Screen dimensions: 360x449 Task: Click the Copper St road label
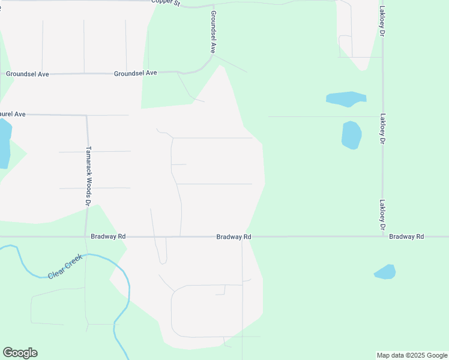coord(166,3)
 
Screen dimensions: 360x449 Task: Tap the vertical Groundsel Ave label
coord(213,32)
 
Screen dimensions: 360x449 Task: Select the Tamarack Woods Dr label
coord(88,177)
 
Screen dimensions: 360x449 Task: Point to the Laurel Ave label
coord(12,114)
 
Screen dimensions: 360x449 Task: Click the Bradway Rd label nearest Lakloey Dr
coord(406,236)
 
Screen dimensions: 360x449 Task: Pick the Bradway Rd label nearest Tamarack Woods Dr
coord(108,236)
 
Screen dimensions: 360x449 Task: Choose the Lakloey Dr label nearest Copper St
coord(382,22)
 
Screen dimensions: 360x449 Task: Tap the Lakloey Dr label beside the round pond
coord(382,129)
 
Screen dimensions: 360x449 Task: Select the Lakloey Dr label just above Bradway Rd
coord(382,215)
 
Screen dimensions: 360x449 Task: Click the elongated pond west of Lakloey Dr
coord(346,98)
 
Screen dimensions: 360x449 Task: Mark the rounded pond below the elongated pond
coord(351,135)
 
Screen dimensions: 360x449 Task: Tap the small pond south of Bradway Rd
coord(385,272)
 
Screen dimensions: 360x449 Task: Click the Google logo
coord(20,353)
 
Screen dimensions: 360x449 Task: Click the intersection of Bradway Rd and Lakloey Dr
coord(383,236)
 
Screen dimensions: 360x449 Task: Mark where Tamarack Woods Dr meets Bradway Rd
coord(86,236)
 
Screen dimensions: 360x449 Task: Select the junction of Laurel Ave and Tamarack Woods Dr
coord(87,115)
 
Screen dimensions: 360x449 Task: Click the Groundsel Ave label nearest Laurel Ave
coord(27,74)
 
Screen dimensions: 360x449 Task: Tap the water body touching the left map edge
coord(4,143)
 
